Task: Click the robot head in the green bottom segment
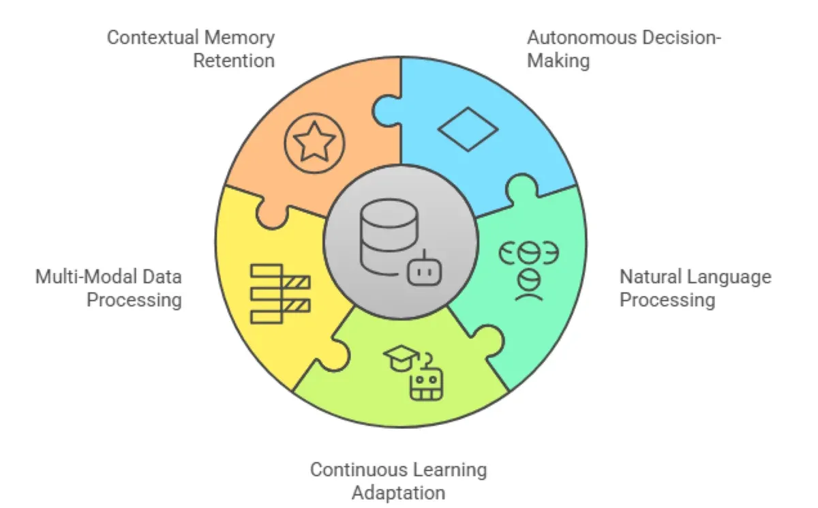click(x=426, y=383)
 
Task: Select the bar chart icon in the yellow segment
click(x=279, y=293)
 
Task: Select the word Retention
click(x=234, y=60)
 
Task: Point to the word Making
click(x=558, y=60)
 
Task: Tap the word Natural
click(x=652, y=277)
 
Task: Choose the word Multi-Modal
click(x=88, y=277)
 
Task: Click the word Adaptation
click(x=399, y=492)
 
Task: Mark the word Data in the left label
click(x=163, y=277)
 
